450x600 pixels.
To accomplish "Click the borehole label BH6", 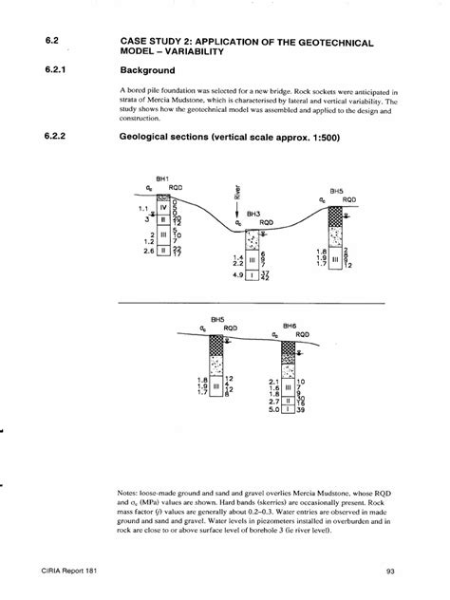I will coord(290,325).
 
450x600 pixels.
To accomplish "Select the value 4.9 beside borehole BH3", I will coord(237,276).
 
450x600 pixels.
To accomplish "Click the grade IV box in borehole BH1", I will coord(162,206).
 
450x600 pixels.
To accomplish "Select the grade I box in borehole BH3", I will coord(252,276).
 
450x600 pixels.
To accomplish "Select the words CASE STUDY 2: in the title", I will coord(160,44).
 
